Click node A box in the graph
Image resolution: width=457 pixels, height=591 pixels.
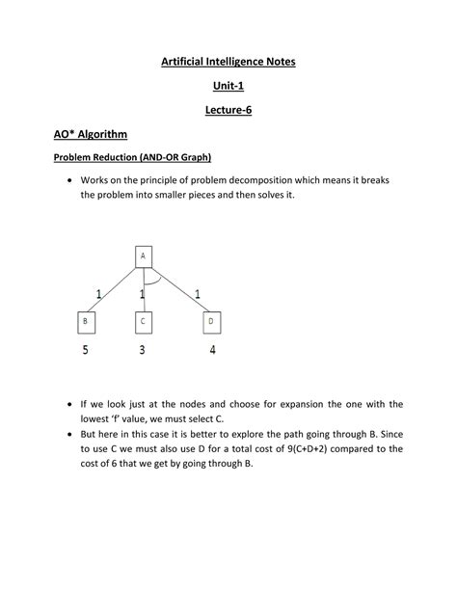pyautogui.click(x=143, y=256)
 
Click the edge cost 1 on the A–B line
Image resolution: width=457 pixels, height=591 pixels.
pyautogui.click(x=97, y=292)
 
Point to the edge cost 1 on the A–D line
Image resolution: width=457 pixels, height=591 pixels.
pyautogui.click(x=198, y=292)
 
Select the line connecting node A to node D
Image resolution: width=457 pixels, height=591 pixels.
pyautogui.click(x=178, y=289)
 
